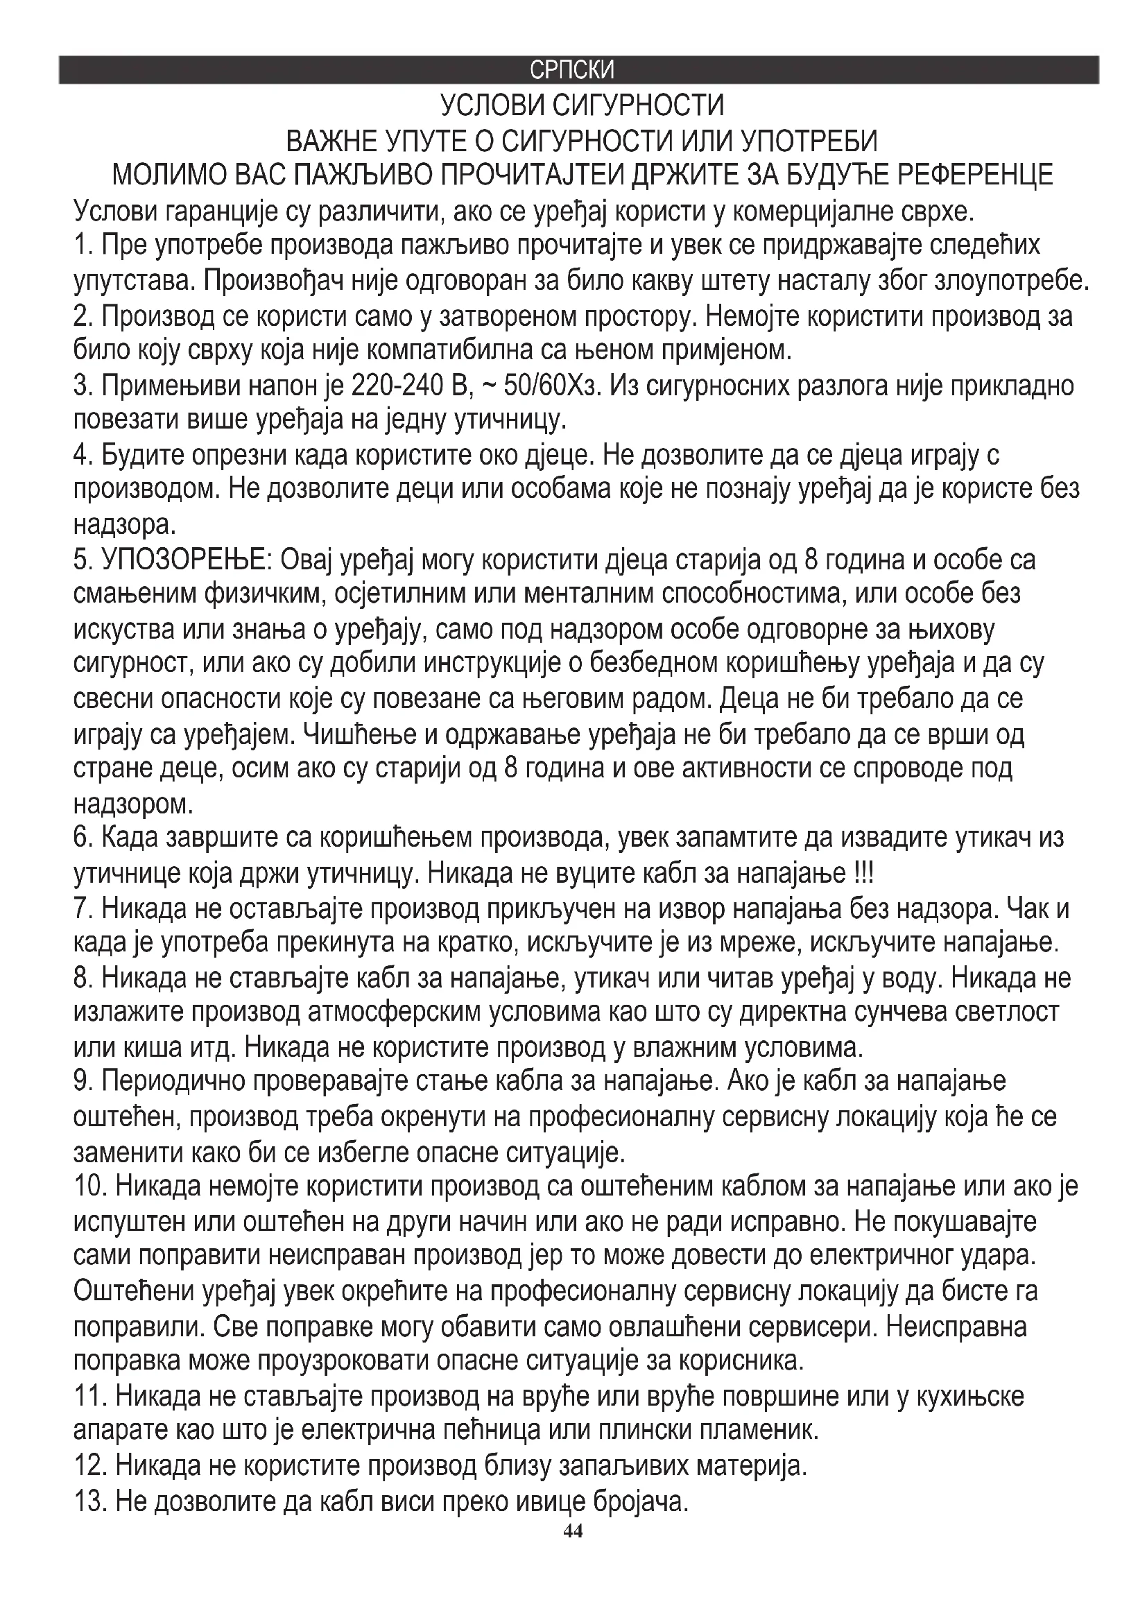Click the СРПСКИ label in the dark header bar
click(572, 70)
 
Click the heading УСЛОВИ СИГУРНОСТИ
click(582, 106)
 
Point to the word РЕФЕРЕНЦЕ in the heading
click(974, 175)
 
